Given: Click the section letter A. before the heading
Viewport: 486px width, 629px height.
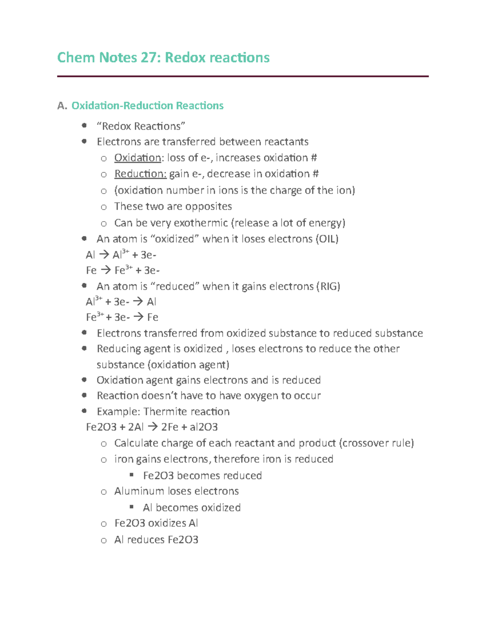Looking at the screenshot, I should coord(62,106).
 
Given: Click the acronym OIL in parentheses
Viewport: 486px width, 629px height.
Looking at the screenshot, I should coord(327,239).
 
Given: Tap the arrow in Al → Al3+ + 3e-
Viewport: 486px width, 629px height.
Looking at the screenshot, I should coord(104,255).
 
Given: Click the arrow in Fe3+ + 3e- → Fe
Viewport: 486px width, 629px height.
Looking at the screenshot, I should coord(138,317).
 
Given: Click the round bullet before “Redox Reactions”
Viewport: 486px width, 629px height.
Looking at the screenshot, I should coord(84,126).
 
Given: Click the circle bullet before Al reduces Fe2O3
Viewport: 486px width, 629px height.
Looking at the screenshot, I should coord(104,540).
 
